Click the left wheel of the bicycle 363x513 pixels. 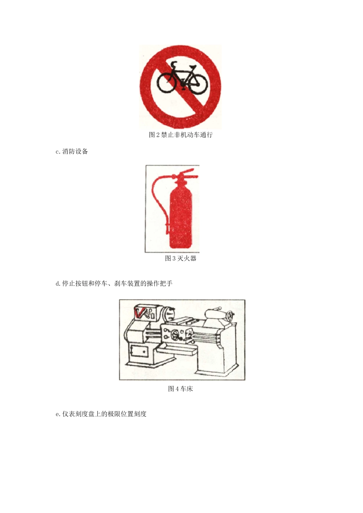(x=167, y=83)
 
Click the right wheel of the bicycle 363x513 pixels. (x=198, y=84)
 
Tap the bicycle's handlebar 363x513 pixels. (x=174, y=64)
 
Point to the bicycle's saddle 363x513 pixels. (x=192, y=67)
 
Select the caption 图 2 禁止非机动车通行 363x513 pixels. (x=180, y=135)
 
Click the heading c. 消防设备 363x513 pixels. (x=72, y=152)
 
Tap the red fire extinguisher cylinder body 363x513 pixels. (x=180, y=216)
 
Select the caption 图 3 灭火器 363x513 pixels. (x=180, y=258)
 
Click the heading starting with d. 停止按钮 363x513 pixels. (x=114, y=284)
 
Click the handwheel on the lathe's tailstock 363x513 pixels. (x=230, y=316)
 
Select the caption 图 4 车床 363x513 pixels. (x=180, y=389)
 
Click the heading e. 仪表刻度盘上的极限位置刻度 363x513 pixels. (x=101, y=414)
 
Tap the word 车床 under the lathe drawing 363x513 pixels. (x=186, y=389)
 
